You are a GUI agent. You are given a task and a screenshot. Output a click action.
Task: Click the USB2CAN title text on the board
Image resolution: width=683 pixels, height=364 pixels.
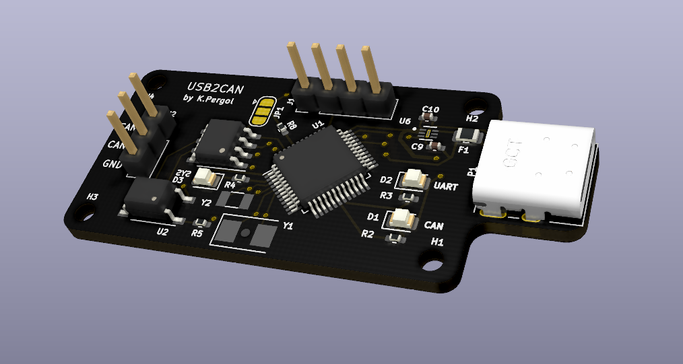point(216,87)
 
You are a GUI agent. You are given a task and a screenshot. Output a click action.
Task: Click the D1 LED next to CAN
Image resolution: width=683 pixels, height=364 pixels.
point(402,217)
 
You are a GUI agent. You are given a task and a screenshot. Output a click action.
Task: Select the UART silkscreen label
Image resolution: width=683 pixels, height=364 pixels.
point(446,186)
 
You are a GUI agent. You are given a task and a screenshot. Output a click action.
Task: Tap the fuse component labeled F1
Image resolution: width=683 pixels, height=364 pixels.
point(468,136)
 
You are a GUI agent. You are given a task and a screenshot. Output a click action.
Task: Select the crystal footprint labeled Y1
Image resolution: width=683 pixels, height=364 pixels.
point(246,233)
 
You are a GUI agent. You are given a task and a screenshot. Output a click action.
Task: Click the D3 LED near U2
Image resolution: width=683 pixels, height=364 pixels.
point(205,179)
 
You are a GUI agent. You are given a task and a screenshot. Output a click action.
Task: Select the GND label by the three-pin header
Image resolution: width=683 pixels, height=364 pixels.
point(110,164)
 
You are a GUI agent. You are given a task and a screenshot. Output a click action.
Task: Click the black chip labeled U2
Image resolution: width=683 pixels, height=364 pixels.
point(152,198)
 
